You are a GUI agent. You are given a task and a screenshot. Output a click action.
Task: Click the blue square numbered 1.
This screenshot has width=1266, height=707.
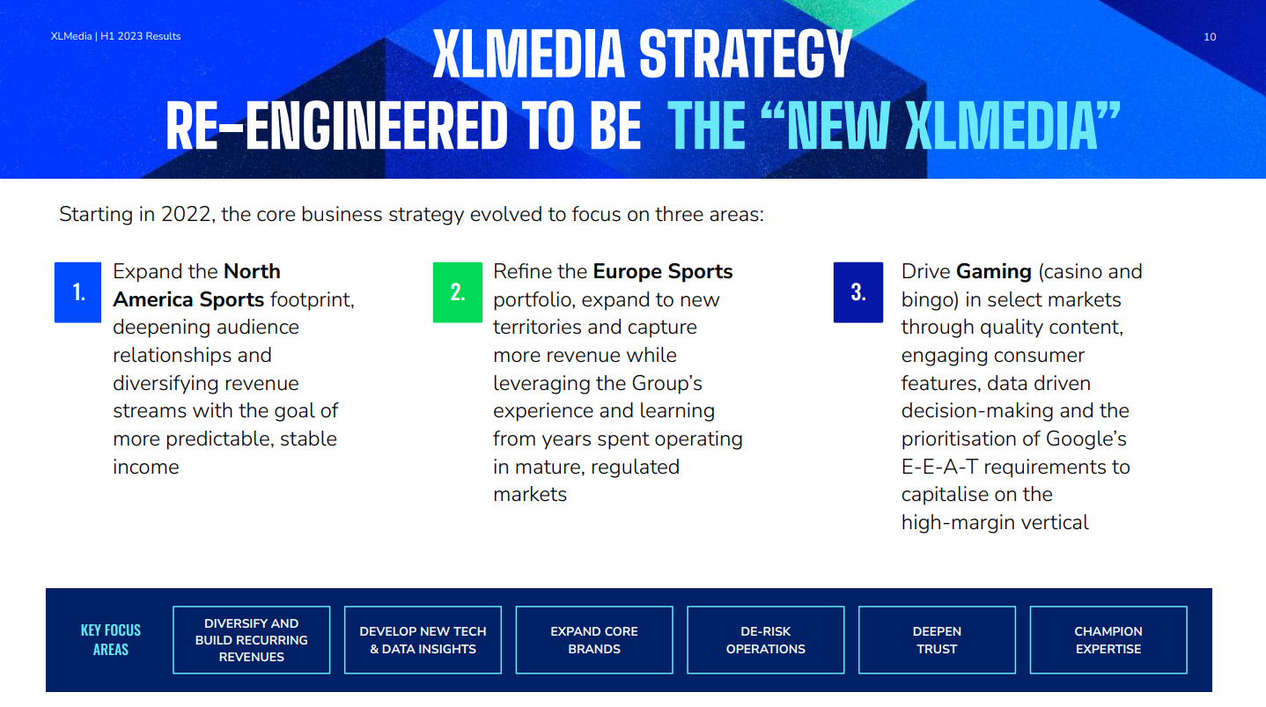coord(77,292)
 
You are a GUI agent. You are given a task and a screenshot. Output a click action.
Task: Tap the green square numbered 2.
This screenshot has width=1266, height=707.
coord(458,292)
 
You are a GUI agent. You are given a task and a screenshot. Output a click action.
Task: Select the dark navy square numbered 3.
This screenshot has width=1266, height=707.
coord(858,292)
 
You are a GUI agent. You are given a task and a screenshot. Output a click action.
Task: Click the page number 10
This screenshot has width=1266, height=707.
coord(1210,37)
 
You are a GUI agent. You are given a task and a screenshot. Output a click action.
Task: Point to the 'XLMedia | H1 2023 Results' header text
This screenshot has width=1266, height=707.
coord(116,36)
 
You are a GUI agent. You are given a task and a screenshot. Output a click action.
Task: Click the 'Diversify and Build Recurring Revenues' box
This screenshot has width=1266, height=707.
coord(252,640)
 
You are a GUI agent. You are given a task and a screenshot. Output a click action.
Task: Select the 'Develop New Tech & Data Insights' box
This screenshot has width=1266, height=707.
coord(423,640)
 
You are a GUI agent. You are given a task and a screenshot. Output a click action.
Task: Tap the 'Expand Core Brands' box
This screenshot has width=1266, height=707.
coord(594,640)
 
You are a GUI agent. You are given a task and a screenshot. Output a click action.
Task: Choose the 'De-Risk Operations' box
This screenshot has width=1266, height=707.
coord(766,640)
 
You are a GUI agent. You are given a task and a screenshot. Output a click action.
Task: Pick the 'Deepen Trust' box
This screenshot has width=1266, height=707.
coord(937,640)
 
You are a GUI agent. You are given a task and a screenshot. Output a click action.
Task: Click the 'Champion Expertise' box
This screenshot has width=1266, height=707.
coord(1108,640)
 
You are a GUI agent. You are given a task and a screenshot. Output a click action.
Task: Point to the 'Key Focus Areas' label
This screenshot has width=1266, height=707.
coord(111,640)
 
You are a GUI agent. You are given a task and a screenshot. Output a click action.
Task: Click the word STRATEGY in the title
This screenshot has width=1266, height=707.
coord(746,54)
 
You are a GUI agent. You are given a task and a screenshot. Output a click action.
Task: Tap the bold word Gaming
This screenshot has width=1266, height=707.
coord(994,272)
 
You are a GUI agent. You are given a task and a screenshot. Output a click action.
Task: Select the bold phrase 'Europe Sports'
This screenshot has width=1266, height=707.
coord(663,272)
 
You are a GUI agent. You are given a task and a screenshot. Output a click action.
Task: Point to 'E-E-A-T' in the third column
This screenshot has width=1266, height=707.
coord(939,467)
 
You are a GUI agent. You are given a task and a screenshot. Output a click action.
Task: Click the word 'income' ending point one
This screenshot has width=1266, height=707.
coord(146,467)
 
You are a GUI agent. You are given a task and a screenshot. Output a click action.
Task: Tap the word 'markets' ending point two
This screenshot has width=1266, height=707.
coord(530,495)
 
